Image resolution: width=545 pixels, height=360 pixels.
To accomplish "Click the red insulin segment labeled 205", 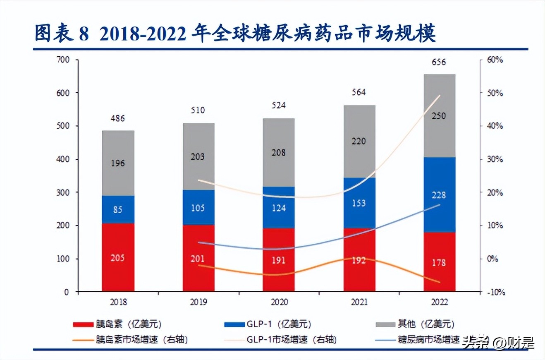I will [x=118, y=257].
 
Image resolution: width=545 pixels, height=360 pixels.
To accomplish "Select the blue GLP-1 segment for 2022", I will [x=439, y=194].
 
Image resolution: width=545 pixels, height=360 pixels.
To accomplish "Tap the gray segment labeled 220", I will [x=359, y=142].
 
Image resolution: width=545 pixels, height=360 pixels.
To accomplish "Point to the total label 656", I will [x=439, y=62].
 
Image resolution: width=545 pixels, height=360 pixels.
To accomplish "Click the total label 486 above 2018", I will [x=118, y=119].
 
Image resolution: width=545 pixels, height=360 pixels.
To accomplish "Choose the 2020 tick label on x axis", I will [x=279, y=302].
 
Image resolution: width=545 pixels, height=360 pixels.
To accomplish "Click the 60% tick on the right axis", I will [x=495, y=60].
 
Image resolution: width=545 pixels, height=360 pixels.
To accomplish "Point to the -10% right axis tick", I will [x=495, y=292].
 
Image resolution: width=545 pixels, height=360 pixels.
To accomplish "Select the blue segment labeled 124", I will [x=279, y=207].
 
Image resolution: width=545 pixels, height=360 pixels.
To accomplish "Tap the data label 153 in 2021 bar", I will [x=359, y=203].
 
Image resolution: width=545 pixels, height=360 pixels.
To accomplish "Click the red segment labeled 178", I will [x=439, y=263].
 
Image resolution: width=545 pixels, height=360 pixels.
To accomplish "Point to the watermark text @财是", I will [x=515, y=343].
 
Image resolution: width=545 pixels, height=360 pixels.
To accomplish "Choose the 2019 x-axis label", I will [x=198, y=302].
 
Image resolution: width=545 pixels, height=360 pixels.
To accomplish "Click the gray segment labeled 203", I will [x=198, y=157].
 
